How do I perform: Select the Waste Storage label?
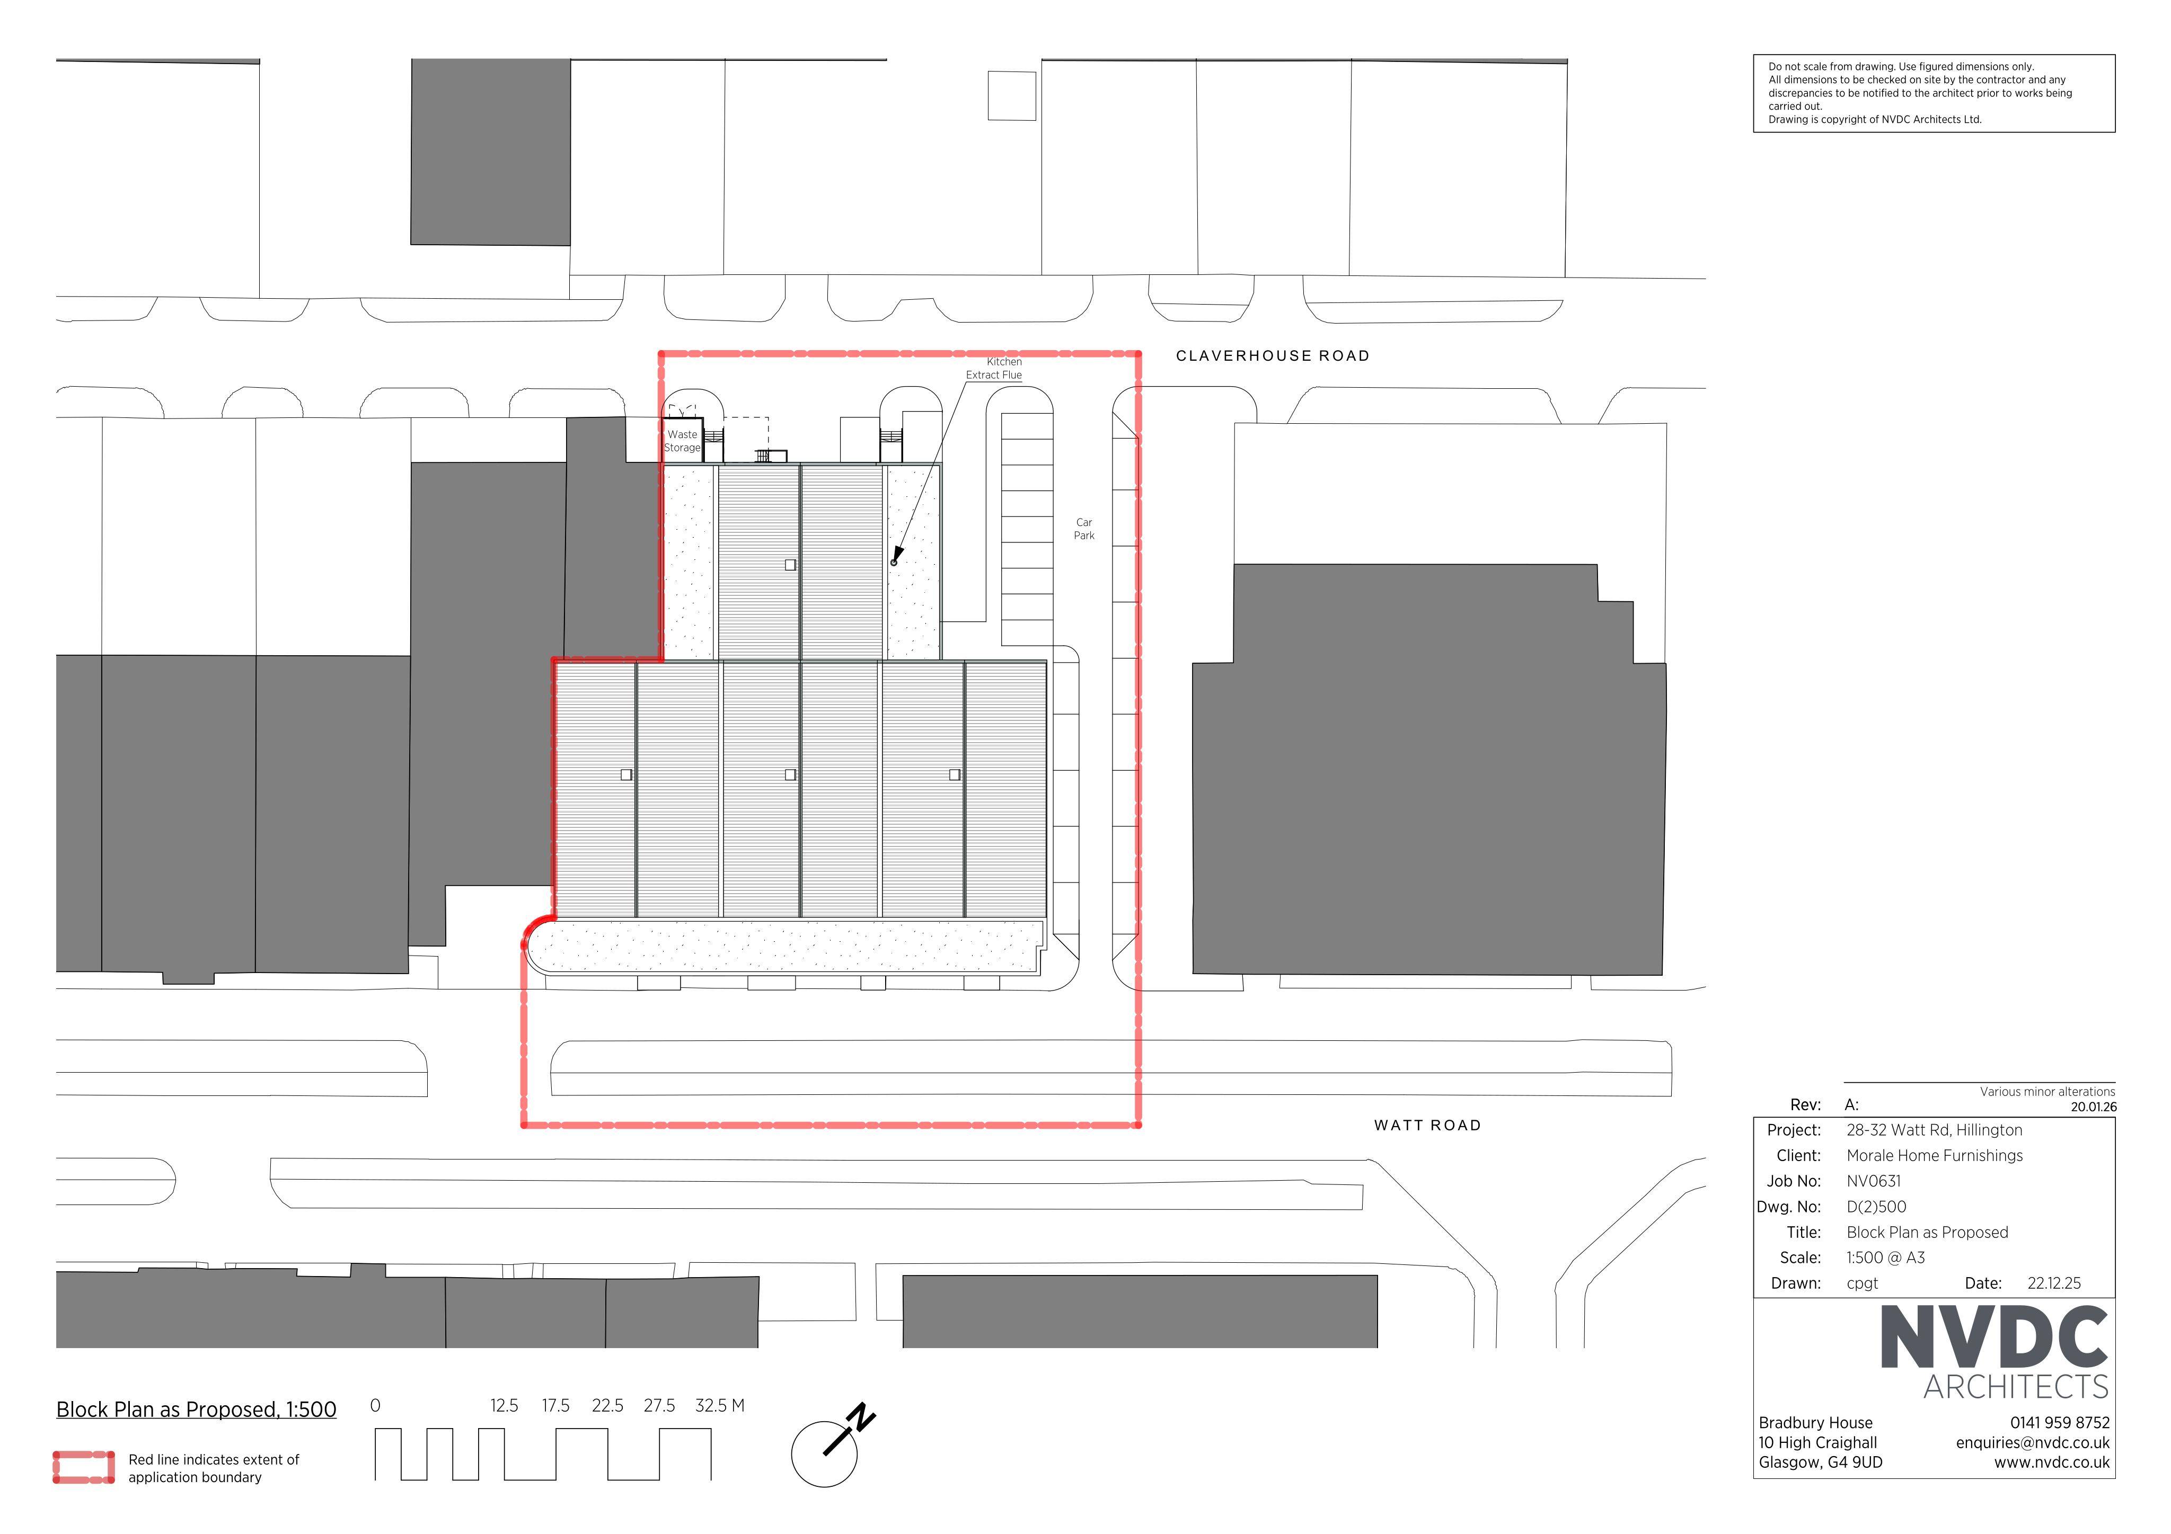coord(682,441)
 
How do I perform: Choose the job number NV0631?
coord(1873,1181)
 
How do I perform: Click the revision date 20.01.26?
coord(2094,1107)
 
